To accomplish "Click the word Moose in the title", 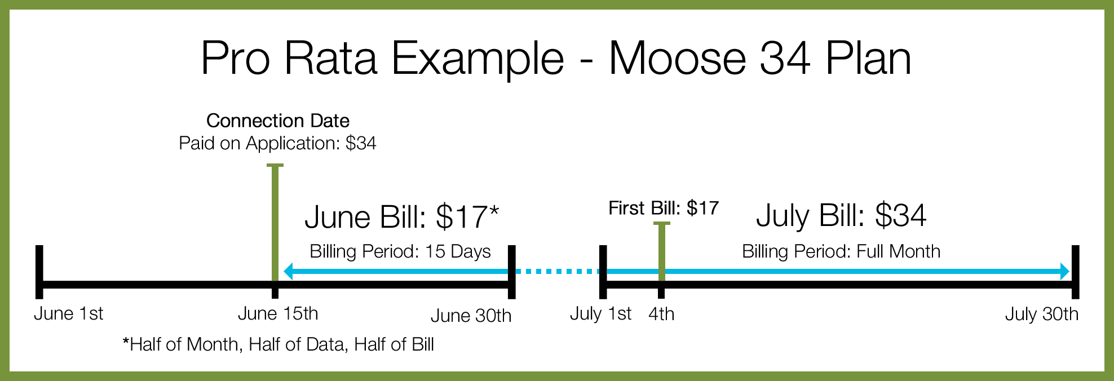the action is click(x=677, y=58).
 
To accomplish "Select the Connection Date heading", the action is click(x=278, y=121).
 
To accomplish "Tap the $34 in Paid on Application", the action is click(x=361, y=143).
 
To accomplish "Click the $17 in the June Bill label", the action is click(x=461, y=217).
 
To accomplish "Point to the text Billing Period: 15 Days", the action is click(x=400, y=251).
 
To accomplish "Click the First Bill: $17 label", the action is click(x=664, y=208).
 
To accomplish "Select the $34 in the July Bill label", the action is click(x=900, y=215).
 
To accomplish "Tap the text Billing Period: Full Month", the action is click(x=841, y=251).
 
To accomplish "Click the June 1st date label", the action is click(x=69, y=313).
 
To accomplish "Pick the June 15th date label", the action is click(x=278, y=313).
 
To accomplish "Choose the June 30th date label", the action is click(x=471, y=316).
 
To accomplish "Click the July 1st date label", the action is click(x=601, y=313).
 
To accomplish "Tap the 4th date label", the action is click(x=661, y=314).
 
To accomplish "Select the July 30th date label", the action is click(x=1042, y=314).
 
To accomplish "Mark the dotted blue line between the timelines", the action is click(x=558, y=272).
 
